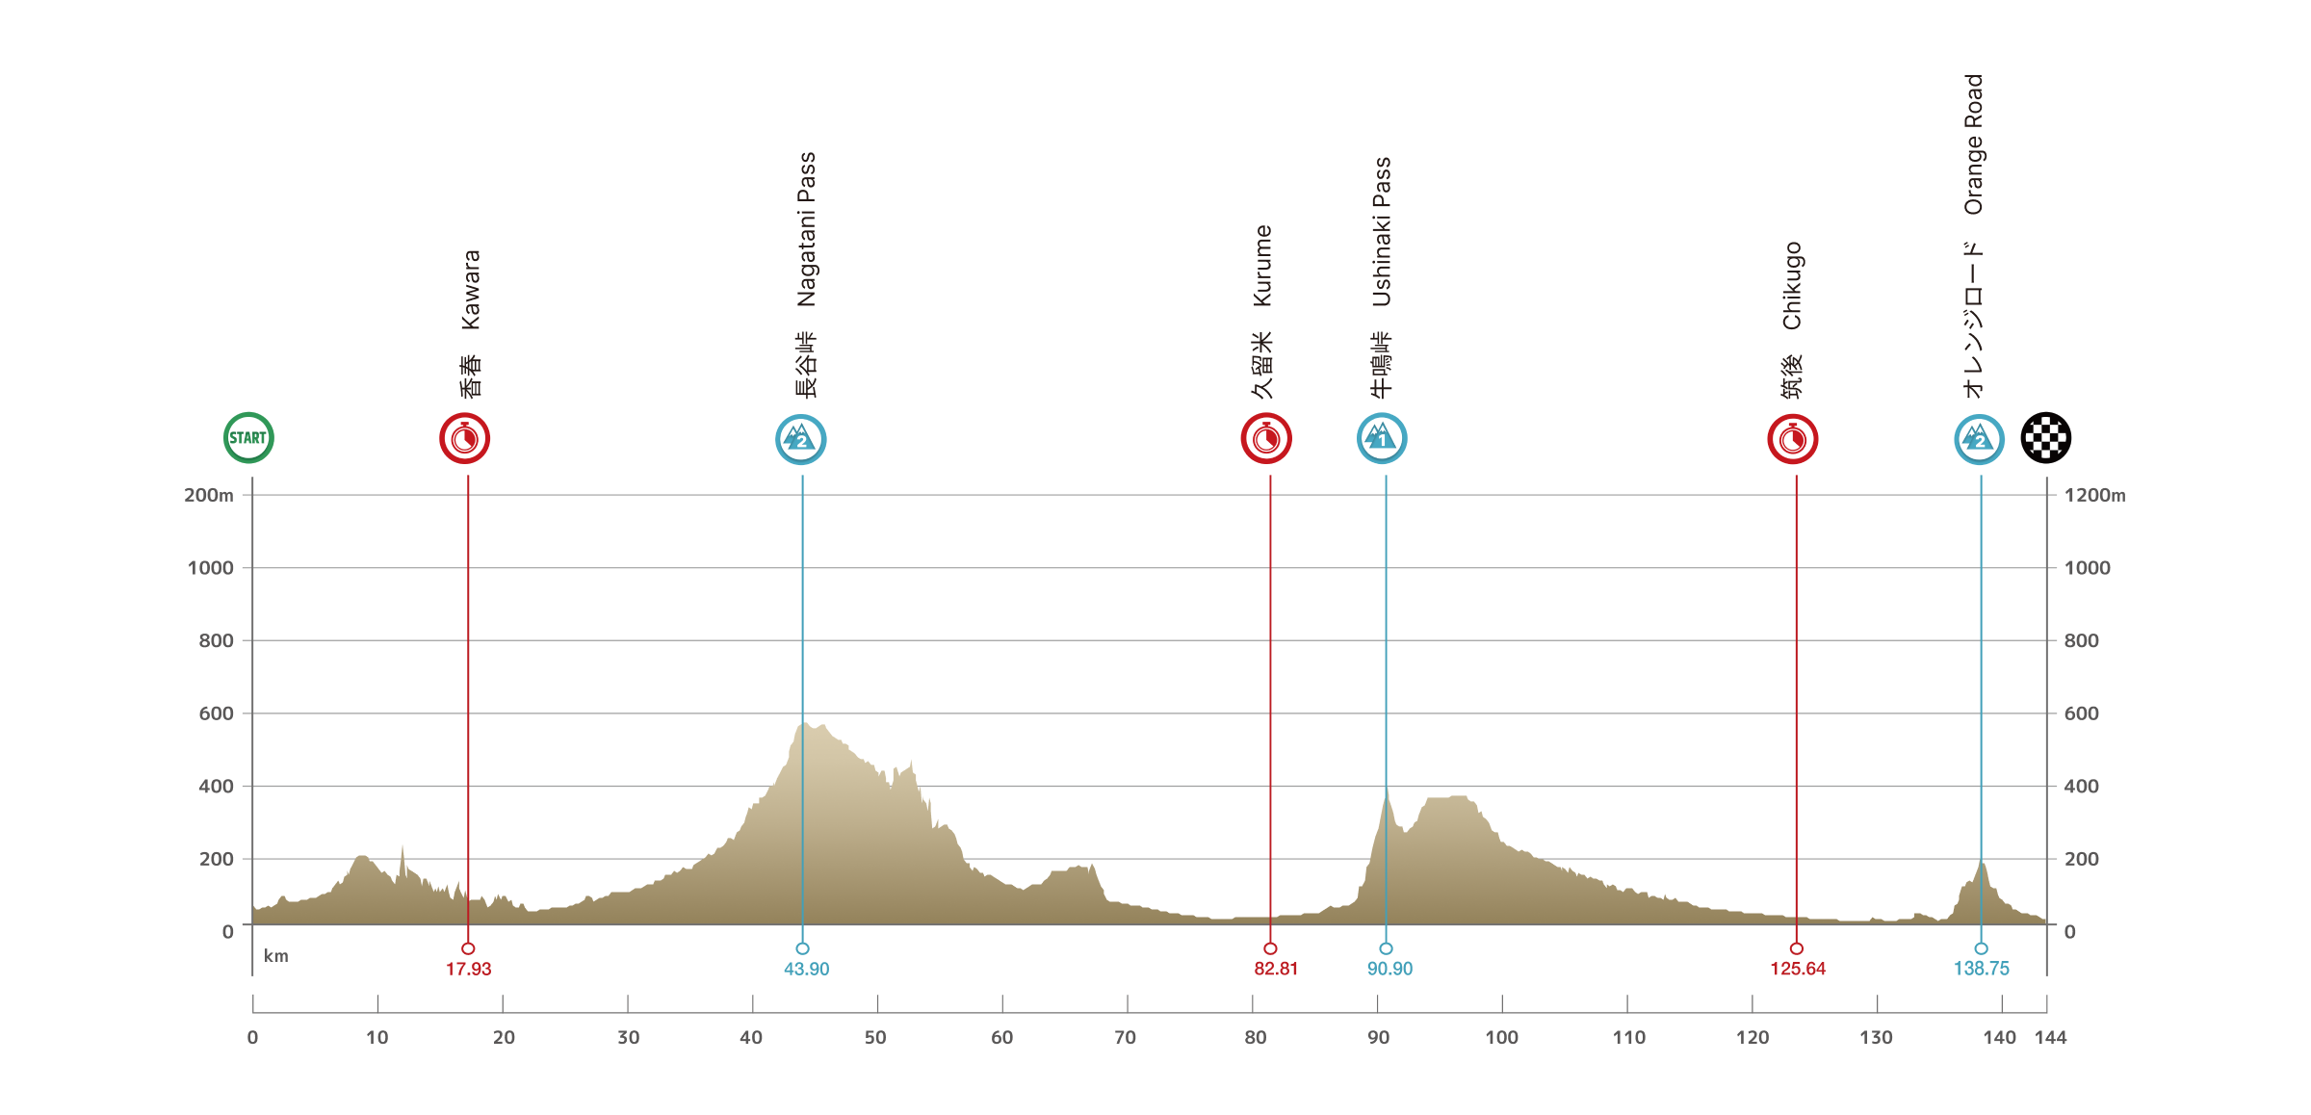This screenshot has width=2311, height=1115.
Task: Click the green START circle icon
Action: click(248, 438)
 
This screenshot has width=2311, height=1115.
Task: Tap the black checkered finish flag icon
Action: click(2045, 438)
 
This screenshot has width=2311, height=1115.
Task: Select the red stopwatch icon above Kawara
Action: click(465, 439)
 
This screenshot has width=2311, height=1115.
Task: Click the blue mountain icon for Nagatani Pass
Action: click(801, 440)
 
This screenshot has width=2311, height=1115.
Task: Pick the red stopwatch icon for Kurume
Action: click(1266, 439)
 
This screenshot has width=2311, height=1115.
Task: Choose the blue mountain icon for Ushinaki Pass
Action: click(1382, 439)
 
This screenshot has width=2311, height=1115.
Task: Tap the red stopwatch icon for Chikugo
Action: click(1793, 440)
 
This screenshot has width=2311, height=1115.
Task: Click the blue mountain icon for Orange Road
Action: click(1979, 440)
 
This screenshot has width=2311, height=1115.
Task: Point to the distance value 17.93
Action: click(468, 969)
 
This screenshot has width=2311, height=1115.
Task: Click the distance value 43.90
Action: click(806, 969)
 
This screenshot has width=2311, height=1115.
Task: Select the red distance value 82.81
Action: click(1276, 969)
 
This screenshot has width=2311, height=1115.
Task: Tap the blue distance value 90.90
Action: click(1389, 969)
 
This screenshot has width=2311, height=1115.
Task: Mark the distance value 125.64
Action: click(1798, 969)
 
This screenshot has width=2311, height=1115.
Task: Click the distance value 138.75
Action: click(1982, 969)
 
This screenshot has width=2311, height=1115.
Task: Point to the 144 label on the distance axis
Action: click(2051, 1038)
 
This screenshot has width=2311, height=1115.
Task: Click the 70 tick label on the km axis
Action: click(1125, 1038)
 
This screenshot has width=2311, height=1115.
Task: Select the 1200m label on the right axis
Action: click(2094, 496)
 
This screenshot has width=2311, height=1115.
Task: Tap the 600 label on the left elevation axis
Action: click(216, 713)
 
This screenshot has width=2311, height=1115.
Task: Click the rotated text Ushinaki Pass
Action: click(1382, 232)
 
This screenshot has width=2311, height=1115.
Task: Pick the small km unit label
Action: click(276, 956)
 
